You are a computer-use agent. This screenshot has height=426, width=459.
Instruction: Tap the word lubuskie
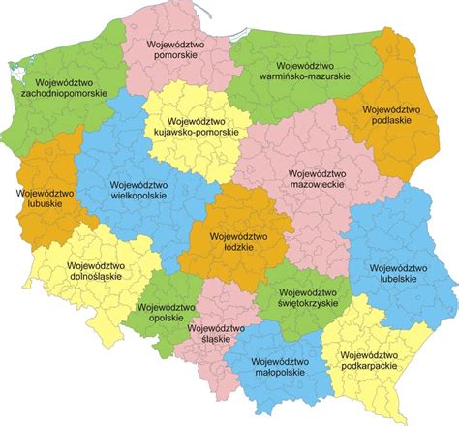(x=41, y=205)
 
